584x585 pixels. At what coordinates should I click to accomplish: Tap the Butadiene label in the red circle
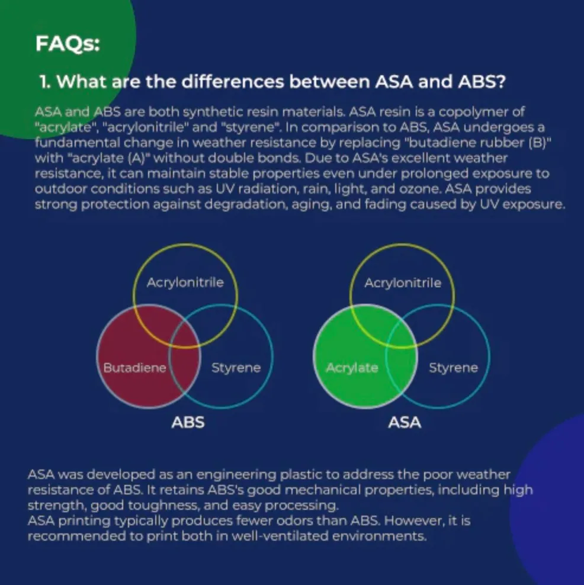(134, 368)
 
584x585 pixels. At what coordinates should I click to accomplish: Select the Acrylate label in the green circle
(352, 368)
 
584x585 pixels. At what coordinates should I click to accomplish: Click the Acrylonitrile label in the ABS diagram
(185, 282)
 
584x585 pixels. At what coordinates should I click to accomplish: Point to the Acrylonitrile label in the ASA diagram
(403, 283)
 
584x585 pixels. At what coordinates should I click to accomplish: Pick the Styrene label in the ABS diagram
(236, 368)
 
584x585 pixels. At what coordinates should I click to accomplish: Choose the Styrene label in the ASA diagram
(453, 368)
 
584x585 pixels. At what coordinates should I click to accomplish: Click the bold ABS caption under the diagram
(188, 423)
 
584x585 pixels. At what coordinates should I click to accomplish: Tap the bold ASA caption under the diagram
(405, 423)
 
